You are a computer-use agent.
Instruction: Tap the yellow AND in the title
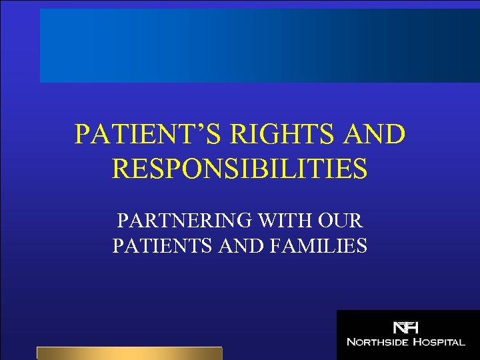[x=375, y=134]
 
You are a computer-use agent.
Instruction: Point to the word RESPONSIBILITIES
[x=240, y=169]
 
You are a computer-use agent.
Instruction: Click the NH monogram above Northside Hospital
[x=405, y=328]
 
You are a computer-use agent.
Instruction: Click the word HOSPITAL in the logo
[x=440, y=342]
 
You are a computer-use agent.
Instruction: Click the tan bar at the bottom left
[x=129, y=353]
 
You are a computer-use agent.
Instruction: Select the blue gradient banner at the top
[x=259, y=45]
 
